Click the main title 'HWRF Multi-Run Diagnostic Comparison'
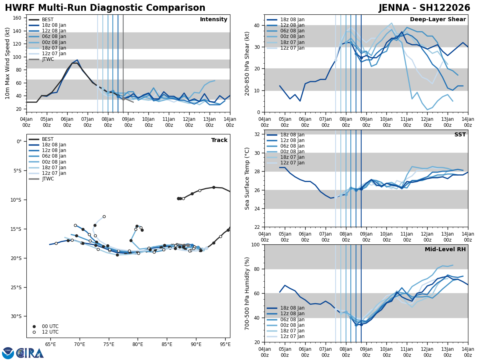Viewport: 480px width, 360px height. click(105, 8)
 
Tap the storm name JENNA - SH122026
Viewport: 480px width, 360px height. click(424, 8)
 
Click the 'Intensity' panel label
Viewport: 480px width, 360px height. click(213, 20)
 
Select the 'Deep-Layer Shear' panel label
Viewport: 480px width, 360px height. click(438, 20)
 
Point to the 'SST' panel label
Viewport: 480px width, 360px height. click(460, 135)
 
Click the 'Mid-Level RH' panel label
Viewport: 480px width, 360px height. click(445, 250)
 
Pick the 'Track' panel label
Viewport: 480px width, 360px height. click(219, 140)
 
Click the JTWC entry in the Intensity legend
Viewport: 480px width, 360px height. click(48, 59)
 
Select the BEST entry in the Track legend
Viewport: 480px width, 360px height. click(48, 139)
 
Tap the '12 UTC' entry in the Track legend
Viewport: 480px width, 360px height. click(50, 332)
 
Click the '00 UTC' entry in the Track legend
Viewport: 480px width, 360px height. click(50, 326)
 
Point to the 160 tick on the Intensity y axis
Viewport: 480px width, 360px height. click(17, 18)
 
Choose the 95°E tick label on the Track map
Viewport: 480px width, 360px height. click(225, 344)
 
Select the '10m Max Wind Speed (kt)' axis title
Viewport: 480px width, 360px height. click(8, 63)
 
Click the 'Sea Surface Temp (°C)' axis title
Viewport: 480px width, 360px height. click(247, 178)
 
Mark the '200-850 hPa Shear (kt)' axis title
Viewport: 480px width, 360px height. click(247, 63)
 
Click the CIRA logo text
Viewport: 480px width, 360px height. click(30, 353)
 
